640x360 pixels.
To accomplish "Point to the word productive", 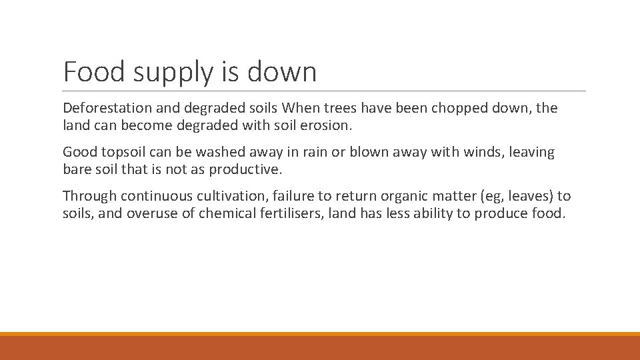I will click(246, 169).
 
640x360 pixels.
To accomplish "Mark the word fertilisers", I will click(287, 213).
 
